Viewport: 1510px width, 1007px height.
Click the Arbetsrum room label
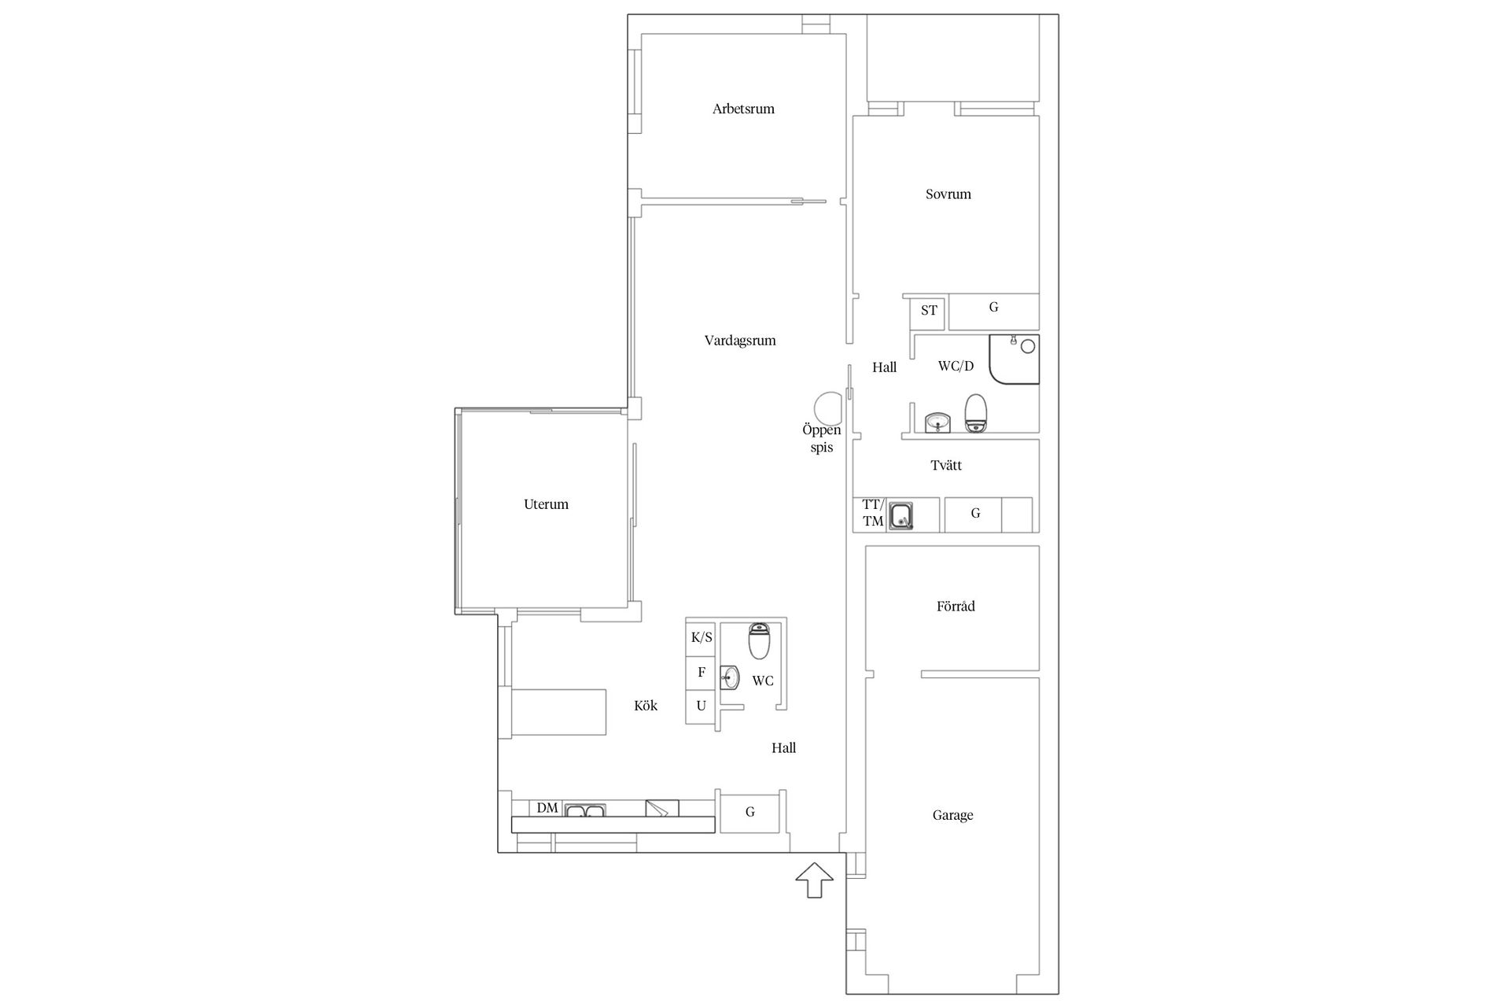[x=743, y=109]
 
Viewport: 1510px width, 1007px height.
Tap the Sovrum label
[x=948, y=194]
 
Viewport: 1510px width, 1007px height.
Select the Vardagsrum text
[x=740, y=341]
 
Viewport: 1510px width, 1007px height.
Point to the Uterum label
[x=546, y=504]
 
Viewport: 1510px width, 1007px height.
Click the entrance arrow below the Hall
[x=814, y=880]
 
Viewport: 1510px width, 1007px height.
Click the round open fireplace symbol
[x=827, y=408]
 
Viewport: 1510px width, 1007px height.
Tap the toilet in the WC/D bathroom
[x=976, y=413]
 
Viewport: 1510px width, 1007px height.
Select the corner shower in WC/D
[x=1015, y=360]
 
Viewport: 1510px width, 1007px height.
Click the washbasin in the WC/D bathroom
[x=937, y=423]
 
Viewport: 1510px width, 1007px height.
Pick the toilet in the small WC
[x=759, y=641]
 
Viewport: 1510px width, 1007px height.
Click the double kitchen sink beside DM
[x=584, y=810]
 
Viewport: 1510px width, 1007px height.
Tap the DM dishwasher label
[x=547, y=808]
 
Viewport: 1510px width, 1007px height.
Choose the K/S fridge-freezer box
[x=701, y=638]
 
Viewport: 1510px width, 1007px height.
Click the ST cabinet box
[x=929, y=311]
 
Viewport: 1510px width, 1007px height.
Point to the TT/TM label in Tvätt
[x=873, y=513]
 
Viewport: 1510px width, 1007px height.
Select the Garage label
[x=952, y=816]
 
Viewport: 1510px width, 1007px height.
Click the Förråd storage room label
[x=956, y=607]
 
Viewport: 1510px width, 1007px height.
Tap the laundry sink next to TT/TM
[x=901, y=516]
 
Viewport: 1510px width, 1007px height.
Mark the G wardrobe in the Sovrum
[x=994, y=312]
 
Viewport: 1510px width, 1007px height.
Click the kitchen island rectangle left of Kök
[x=559, y=712]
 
